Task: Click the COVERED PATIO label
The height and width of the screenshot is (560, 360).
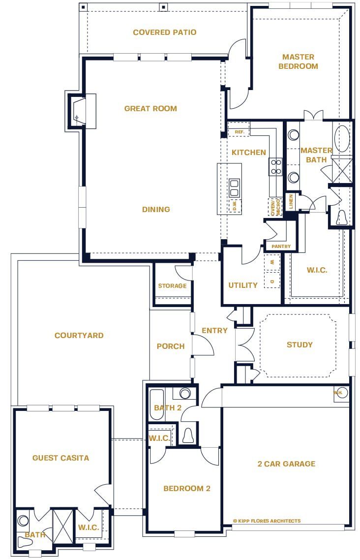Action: click(x=164, y=32)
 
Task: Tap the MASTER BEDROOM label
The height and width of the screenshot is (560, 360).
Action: click(x=298, y=62)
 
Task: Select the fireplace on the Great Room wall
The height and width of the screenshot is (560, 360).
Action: click(x=79, y=111)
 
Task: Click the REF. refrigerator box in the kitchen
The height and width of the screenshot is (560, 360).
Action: click(x=240, y=132)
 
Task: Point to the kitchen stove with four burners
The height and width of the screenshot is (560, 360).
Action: click(x=275, y=167)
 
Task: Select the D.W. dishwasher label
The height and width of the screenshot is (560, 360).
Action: click(x=235, y=205)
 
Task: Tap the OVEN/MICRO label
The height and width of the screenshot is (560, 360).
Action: click(x=274, y=207)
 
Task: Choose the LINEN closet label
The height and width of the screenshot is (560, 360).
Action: click(x=291, y=202)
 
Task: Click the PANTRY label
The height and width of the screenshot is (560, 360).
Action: click(x=281, y=246)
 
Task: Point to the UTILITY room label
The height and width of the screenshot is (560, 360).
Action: click(x=243, y=285)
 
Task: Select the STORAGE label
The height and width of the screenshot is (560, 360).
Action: click(x=172, y=286)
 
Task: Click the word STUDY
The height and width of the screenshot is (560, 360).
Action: click(x=299, y=345)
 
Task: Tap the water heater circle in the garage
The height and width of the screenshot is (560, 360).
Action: click(x=341, y=393)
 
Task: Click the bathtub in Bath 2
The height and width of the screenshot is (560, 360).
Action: click(x=156, y=404)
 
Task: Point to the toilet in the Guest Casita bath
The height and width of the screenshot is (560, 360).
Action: click(x=24, y=542)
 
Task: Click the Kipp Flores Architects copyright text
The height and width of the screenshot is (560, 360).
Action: click(x=267, y=521)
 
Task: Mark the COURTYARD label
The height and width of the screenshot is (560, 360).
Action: click(x=79, y=336)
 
